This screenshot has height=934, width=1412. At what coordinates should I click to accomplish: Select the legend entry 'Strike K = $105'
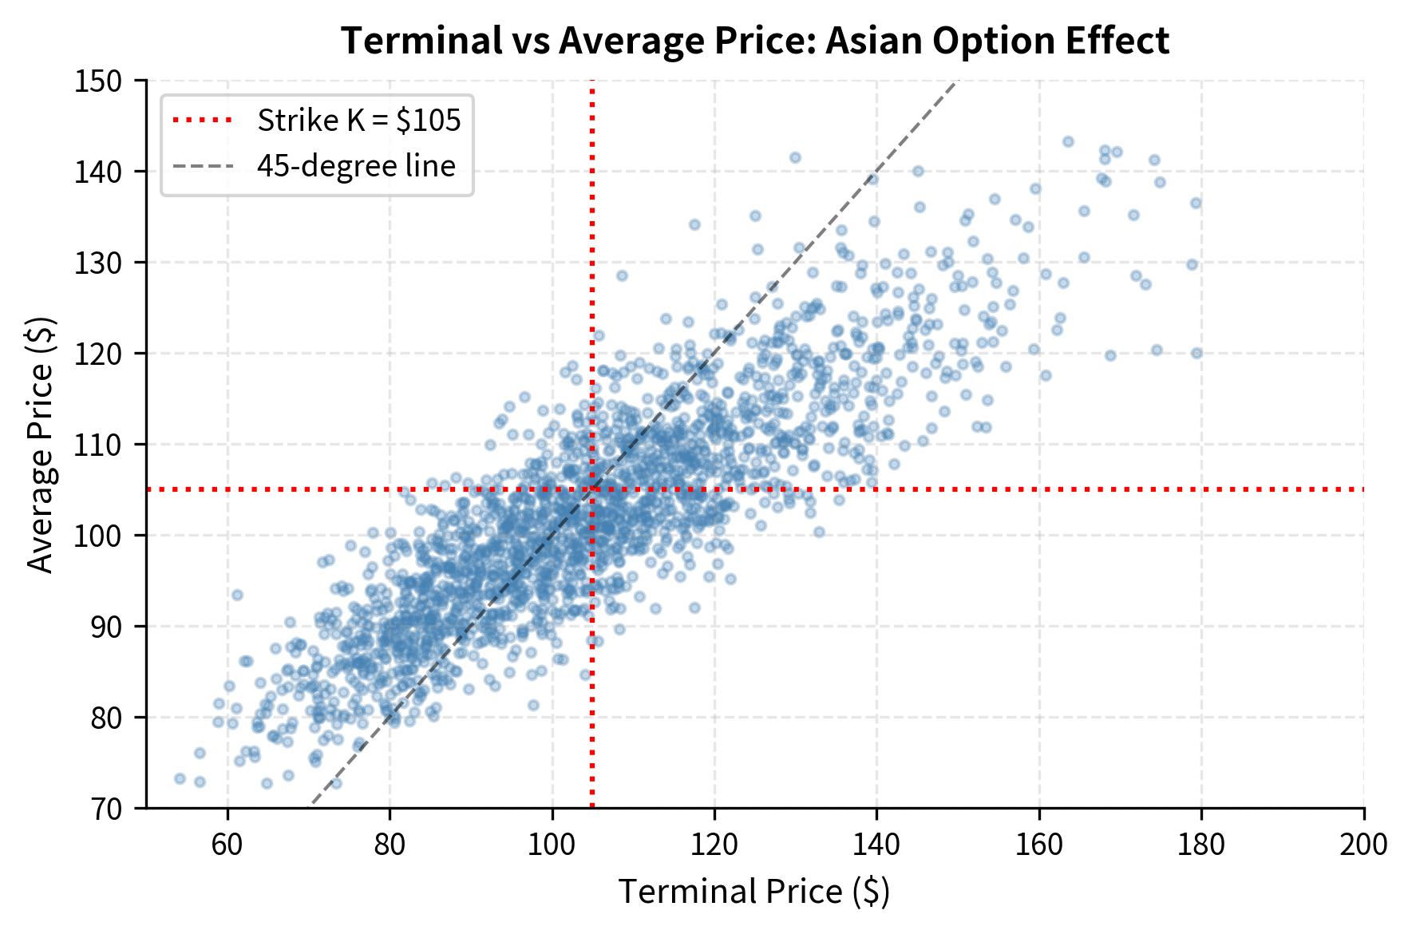pyautogui.click(x=358, y=121)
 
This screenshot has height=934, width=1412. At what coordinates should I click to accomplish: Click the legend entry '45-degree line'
pyautogui.click(x=356, y=166)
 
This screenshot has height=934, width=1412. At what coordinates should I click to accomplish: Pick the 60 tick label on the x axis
pyautogui.click(x=227, y=845)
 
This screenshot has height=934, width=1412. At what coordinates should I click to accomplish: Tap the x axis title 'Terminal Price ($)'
pyautogui.click(x=753, y=892)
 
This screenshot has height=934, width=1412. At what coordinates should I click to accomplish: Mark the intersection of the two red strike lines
pyautogui.click(x=592, y=489)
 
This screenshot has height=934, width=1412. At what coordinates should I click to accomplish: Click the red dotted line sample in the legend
pyautogui.click(x=204, y=121)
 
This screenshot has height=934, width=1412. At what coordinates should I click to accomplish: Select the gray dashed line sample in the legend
pyautogui.click(x=204, y=166)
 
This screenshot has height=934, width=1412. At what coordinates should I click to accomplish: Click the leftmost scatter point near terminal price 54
pyautogui.click(x=180, y=778)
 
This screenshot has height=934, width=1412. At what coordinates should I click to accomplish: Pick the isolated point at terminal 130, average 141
pyautogui.click(x=795, y=157)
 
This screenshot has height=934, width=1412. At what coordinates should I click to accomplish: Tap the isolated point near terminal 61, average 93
pyautogui.click(x=237, y=595)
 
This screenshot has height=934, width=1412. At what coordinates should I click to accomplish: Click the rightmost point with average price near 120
pyautogui.click(x=1196, y=353)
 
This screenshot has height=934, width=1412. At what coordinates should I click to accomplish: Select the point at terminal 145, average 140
pyautogui.click(x=918, y=171)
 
